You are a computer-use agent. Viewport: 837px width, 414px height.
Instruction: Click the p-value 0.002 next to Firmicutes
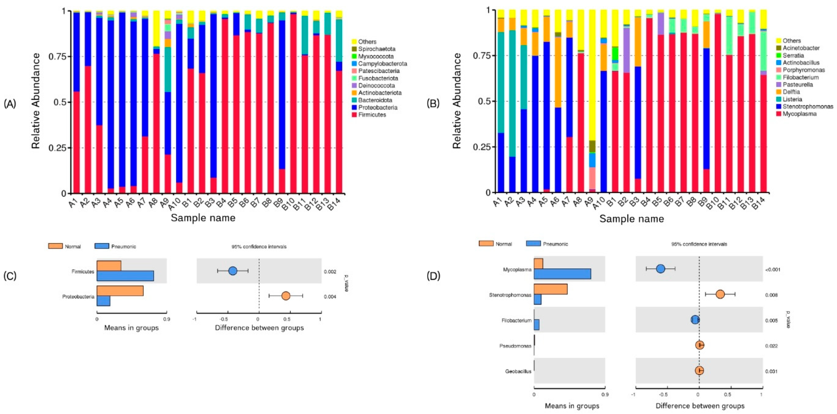[x=330, y=271]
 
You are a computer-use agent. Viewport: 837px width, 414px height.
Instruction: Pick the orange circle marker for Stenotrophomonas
[x=720, y=294]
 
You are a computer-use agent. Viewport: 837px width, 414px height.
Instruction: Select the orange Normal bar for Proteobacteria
[x=120, y=291]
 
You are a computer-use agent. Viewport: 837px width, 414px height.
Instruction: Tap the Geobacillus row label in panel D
[x=518, y=371]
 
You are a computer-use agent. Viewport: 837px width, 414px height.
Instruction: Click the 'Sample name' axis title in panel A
[x=203, y=218]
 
